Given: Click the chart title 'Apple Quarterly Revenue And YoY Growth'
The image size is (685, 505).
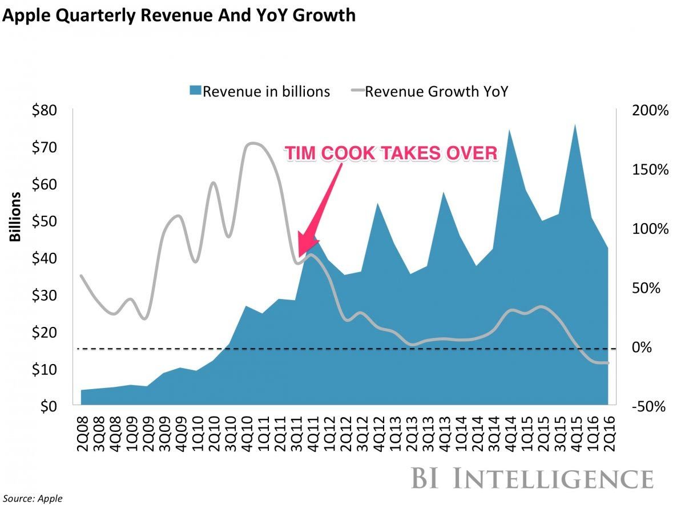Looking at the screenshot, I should (178, 15).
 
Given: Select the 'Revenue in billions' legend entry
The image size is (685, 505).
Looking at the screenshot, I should (260, 91).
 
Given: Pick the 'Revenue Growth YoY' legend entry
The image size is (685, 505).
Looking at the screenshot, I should (428, 91).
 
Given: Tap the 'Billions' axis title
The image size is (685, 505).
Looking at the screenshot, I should (15, 217).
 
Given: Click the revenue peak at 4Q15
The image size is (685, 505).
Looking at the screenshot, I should (575, 125).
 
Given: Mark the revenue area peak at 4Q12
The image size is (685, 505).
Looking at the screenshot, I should (378, 204).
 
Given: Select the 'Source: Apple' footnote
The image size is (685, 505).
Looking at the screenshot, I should (31, 498).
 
